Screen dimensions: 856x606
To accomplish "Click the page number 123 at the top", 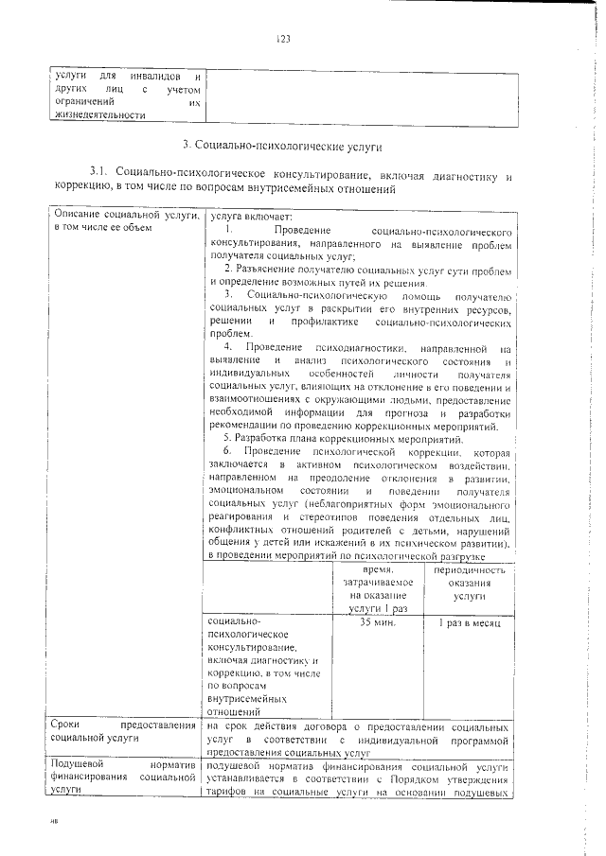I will coord(282,39).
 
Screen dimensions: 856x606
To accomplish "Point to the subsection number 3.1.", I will coord(98,176).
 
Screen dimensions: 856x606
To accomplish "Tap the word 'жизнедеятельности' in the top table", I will coord(100,115).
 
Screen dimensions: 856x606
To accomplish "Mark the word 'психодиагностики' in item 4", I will coord(361,348).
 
